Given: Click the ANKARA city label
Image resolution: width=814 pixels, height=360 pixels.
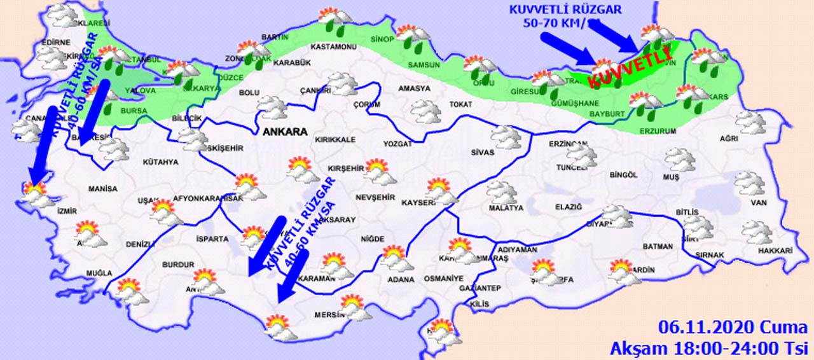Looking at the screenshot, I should click(x=284, y=132).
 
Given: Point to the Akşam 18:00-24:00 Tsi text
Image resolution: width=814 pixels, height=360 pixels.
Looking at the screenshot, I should click(x=708, y=348).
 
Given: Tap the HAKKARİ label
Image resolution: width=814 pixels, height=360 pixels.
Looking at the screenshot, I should click(x=775, y=251).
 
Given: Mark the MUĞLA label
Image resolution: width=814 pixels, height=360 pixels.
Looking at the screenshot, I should click(x=99, y=273).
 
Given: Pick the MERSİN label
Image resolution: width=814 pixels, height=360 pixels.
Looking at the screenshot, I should click(x=329, y=315).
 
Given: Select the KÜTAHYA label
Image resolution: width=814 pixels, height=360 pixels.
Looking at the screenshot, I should click(x=161, y=162).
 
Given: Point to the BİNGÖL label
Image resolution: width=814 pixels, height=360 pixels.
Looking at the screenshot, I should click(x=623, y=174).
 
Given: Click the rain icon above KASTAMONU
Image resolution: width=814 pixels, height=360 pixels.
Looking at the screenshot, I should click(x=333, y=21).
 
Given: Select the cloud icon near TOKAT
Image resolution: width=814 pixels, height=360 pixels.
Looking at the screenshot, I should click(x=425, y=111).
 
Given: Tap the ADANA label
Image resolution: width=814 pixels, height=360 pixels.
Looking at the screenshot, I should click(x=402, y=280).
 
